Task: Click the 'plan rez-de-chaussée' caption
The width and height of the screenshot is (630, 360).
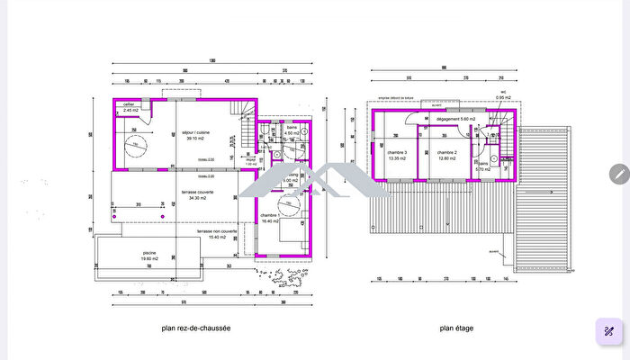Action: click(195, 329)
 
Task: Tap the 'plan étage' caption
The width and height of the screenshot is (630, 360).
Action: click(457, 329)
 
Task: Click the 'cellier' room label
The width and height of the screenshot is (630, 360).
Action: click(130, 105)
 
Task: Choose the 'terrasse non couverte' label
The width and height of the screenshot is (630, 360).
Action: click(218, 231)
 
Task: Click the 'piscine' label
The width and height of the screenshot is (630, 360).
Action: click(149, 253)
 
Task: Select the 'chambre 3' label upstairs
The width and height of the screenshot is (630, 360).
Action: click(397, 153)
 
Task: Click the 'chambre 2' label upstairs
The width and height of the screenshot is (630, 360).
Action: click(447, 153)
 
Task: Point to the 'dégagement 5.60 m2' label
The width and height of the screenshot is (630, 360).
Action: click(455, 119)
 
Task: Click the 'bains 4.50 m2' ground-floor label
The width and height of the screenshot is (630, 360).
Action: click(292, 130)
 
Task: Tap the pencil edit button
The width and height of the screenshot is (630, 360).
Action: click(618, 174)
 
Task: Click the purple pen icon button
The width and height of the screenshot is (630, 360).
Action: click(609, 332)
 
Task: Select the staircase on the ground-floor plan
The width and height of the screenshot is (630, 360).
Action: click(244, 130)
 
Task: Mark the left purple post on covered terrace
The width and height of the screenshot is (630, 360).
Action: click(113, 217)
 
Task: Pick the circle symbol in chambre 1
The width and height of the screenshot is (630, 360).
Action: click(289, 218)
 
